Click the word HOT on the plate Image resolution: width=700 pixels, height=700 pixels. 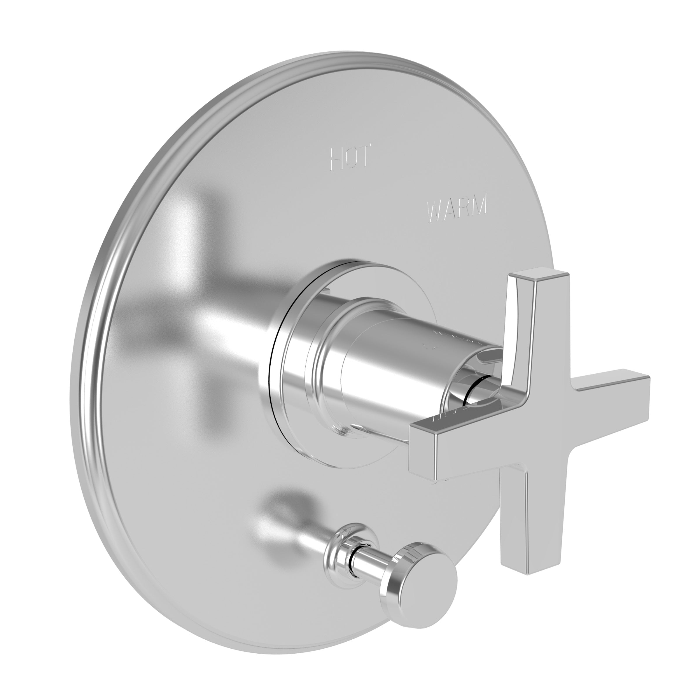click(x=351, y=157)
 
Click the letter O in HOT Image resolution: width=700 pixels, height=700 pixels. click(x=350, y=157)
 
